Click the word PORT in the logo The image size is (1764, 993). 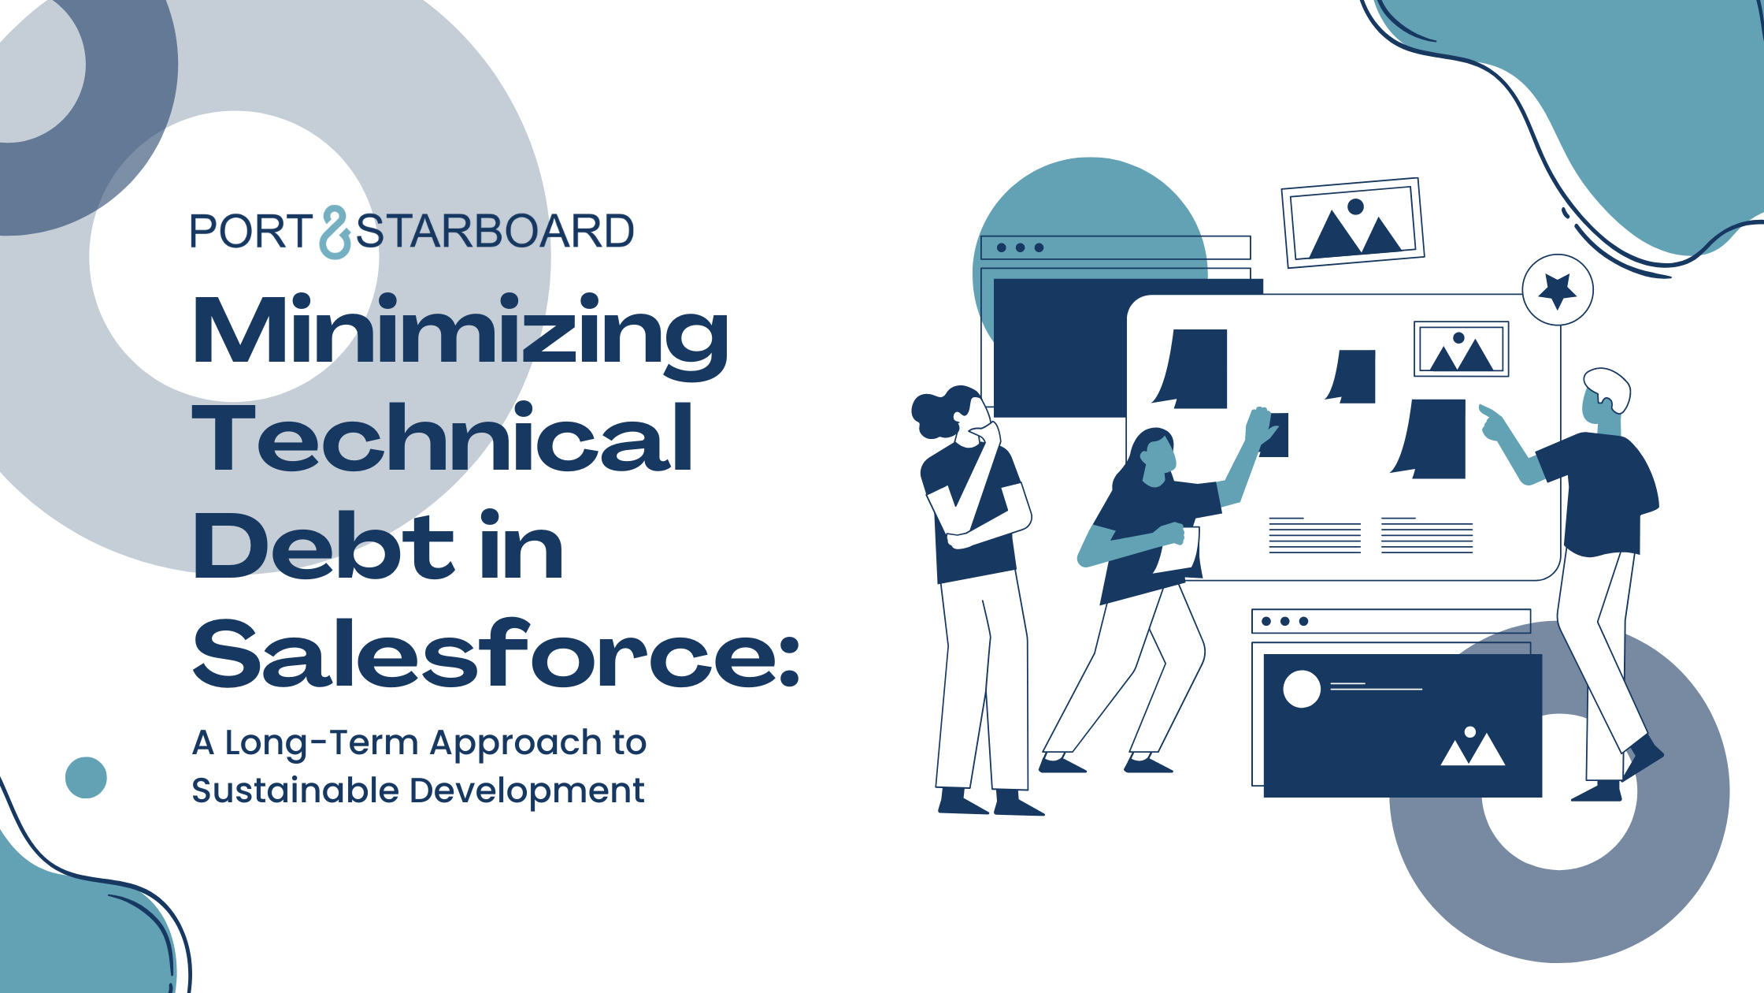[x=251, y=232]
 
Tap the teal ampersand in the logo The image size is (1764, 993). [x=335, y=232]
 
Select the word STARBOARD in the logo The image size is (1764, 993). [x=495, y=232]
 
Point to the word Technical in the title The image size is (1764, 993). [x=443, y=437]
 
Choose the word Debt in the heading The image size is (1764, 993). [x=323, y=545]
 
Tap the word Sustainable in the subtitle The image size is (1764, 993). [x=295, y=790]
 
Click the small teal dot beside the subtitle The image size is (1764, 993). [x=86, y=778]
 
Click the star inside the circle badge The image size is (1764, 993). [x=1558, y=291]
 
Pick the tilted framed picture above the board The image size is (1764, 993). [x=1353, y=222]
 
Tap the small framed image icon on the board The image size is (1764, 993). [x=1462, y=348]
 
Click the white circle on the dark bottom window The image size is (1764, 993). [x=1302, y=690]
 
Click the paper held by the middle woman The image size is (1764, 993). [x=1179, y=550]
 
